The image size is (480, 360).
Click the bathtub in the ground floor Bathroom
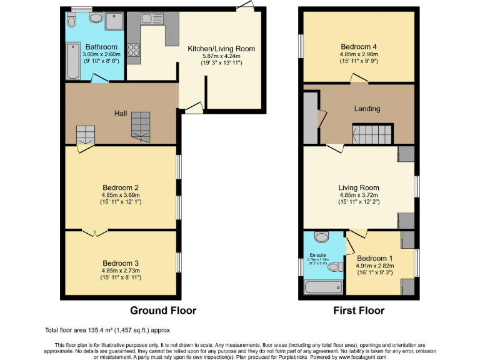click(x=72, y=61)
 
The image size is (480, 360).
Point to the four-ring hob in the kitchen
click(x=134, y=50)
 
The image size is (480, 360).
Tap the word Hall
click(x=121, y=114)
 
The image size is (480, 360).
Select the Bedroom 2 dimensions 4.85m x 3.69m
click(x=120, y=195)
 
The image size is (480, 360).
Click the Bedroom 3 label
click(x=120, y=263)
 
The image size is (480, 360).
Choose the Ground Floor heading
click(x=162, y=311)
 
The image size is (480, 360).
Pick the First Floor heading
click(x=358, y=311)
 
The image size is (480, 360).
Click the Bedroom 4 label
click(x=359, y=46)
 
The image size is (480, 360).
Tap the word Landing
click(x=367, y=109)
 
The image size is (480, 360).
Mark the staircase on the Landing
click(x=371, y=133)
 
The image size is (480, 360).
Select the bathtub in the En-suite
click(x=322, y=287)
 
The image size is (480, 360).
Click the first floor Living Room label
click(x=359, y=187)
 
